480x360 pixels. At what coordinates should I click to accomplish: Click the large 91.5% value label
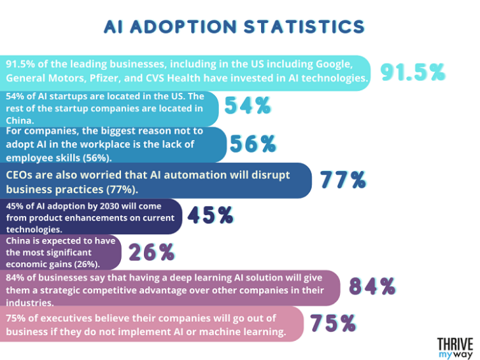pyautogui.click(x=414, y=72)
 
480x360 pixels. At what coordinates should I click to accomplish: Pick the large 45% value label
pyautogui.click(x=210, y=216)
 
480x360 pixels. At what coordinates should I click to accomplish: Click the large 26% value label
pyautogui.click(x=151, y=252)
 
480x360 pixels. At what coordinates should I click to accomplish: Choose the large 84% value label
pyautogui.click(x=372, y=287)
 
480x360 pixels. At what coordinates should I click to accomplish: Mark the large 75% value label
pyautogui.click(x=333, y=323)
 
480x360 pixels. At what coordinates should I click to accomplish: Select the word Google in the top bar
pyautogui.click(x=335, y=64)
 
